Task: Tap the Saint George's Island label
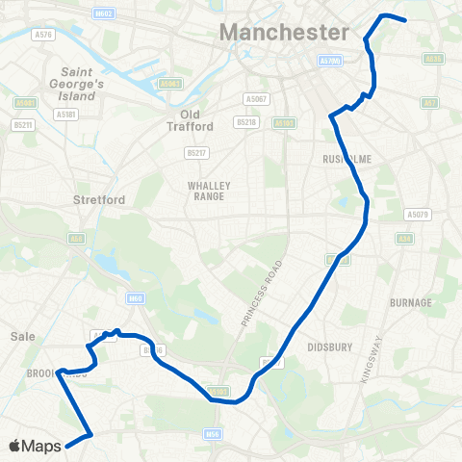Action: [90, 84]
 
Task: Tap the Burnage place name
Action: [411, 302]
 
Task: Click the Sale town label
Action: [22, 336]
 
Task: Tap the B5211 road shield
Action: [23, 124]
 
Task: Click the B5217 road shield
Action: [196, 152]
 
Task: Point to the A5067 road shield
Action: [255, 99]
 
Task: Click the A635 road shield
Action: [433, 59]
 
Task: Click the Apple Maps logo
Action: [35, 446]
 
